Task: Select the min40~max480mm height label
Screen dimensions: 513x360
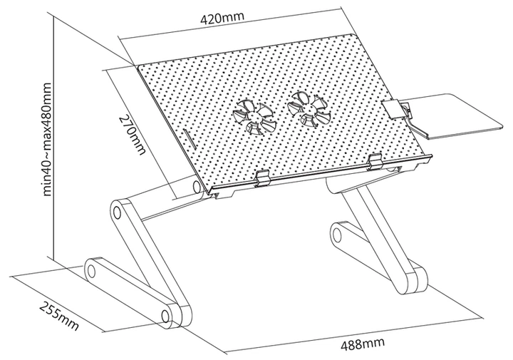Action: (x=47, y=140)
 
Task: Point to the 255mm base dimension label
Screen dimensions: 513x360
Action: (x=59, y=315)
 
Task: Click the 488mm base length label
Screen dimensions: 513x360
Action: (x=362, y=344)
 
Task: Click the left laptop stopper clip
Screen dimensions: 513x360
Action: (x=262, y=178)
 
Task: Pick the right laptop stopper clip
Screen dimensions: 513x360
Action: (x=375, y=162)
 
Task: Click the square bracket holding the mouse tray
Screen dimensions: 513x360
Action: (x=391, y=109)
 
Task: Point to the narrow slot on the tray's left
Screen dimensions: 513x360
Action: (x=188, y=140)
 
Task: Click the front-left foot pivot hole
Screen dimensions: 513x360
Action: (x=165, y=316)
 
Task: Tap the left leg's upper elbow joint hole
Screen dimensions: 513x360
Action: (x=116, y=212)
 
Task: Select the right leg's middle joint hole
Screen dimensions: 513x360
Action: (x=336, y=235)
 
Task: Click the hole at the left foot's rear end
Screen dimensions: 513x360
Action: (x=92, y=271)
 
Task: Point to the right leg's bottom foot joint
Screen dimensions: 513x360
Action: (x=415, y=280)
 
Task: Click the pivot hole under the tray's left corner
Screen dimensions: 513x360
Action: (x=197, y=187)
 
